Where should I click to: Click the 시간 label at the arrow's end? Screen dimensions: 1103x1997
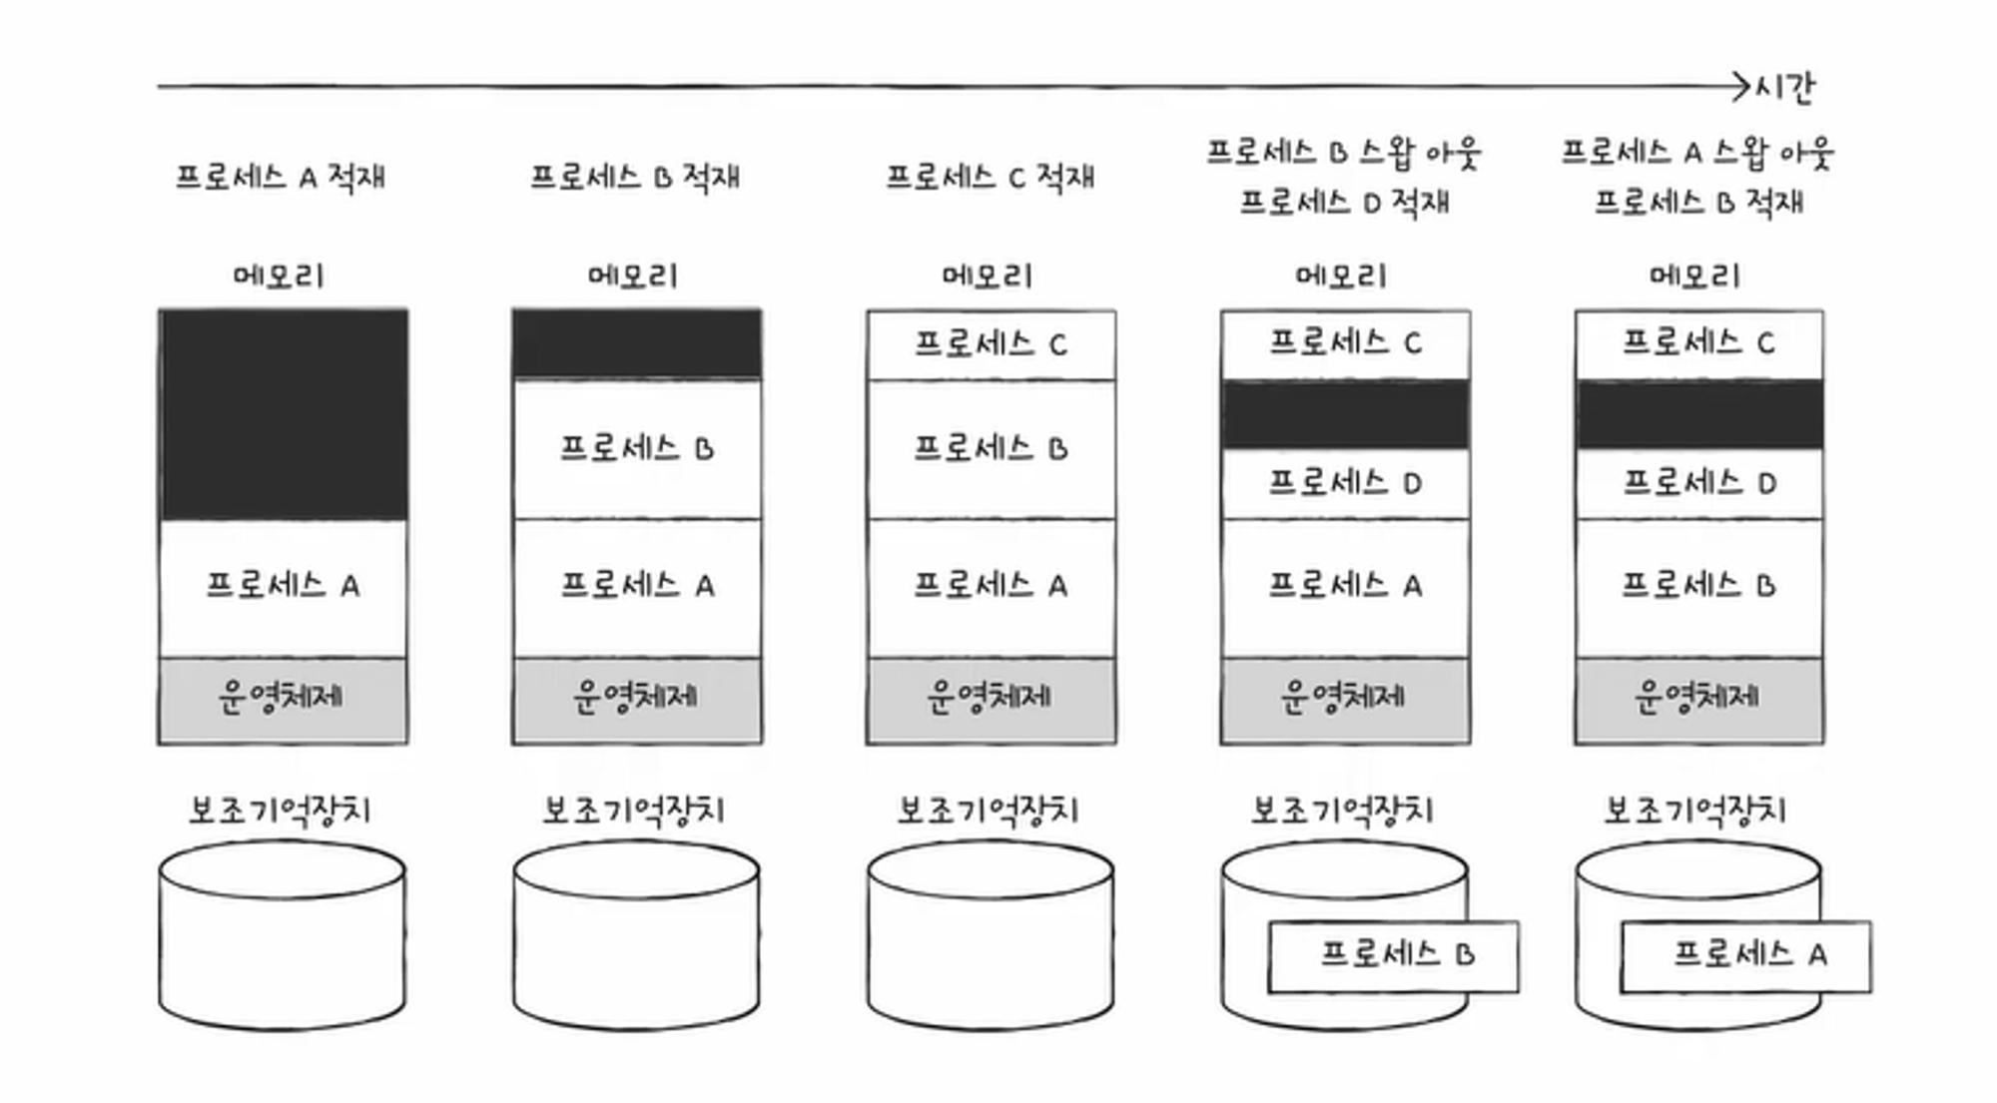point(1786,88)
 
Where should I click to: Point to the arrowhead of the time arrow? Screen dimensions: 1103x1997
point(1742,87)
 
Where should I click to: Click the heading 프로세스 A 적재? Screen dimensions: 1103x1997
point(281,177)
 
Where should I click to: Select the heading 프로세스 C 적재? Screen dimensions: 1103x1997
point(990,177)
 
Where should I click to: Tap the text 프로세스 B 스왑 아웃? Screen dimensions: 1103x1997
point(1344,152)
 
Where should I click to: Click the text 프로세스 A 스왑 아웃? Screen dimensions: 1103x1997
point(1697,152)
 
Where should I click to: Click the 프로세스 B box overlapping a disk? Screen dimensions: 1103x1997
point(1394,955)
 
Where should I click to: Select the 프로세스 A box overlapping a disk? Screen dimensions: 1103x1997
point(1746,955)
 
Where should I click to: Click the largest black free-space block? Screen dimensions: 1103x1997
point(283,414)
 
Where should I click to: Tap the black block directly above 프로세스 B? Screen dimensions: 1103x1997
point(637,344)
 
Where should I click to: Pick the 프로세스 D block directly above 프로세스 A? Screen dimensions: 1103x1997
point(1345,484)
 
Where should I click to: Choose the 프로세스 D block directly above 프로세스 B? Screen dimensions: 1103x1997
point(1698,484)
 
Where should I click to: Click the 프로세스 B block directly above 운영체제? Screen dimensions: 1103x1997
point(1698,586)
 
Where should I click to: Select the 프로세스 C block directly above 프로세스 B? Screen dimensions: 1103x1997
point(991,344)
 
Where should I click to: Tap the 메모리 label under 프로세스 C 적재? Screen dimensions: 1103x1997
point(988,275)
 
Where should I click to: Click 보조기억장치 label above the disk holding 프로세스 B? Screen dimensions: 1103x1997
point(1343,810)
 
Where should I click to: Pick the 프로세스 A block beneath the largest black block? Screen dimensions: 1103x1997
point(283,586)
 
